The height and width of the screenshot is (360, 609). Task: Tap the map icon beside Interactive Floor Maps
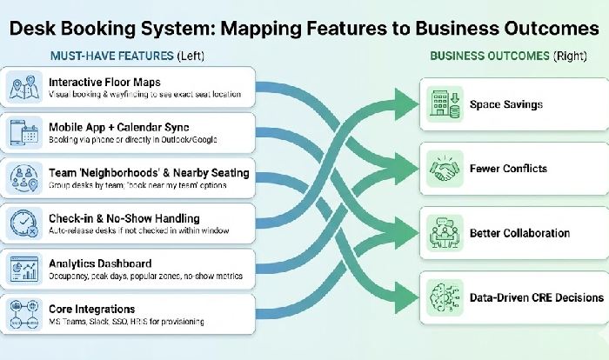(x=22, y=88)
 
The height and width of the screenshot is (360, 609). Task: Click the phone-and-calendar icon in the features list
(x=22, y=133)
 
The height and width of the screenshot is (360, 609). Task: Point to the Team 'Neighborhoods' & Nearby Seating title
(x=148, y=172)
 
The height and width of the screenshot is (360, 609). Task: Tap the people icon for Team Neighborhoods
(x=22, y=177)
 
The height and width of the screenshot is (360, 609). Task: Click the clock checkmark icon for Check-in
(x=22, y=223)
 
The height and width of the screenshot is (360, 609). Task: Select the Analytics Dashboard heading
(x=100, y=263)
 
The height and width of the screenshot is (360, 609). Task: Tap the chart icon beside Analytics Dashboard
(x=22, y=269)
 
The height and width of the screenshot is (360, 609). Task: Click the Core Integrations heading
(x=91, y=309)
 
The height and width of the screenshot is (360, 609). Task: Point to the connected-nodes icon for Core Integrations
(x=22, y=314)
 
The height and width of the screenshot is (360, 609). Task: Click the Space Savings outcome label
(x=505, y=104)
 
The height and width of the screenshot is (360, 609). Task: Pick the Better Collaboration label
(x=519, y=233)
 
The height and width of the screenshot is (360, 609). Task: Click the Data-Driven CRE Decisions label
(x=536, y=297)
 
